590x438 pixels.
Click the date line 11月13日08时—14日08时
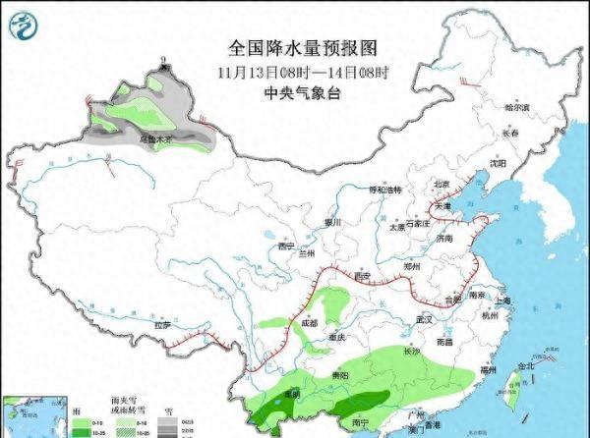click(303, 71)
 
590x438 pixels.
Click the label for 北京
click(442, 184)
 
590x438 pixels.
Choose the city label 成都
click(310, 322)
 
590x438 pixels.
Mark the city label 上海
click(503, 302)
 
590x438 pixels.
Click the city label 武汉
click(425, 320)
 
